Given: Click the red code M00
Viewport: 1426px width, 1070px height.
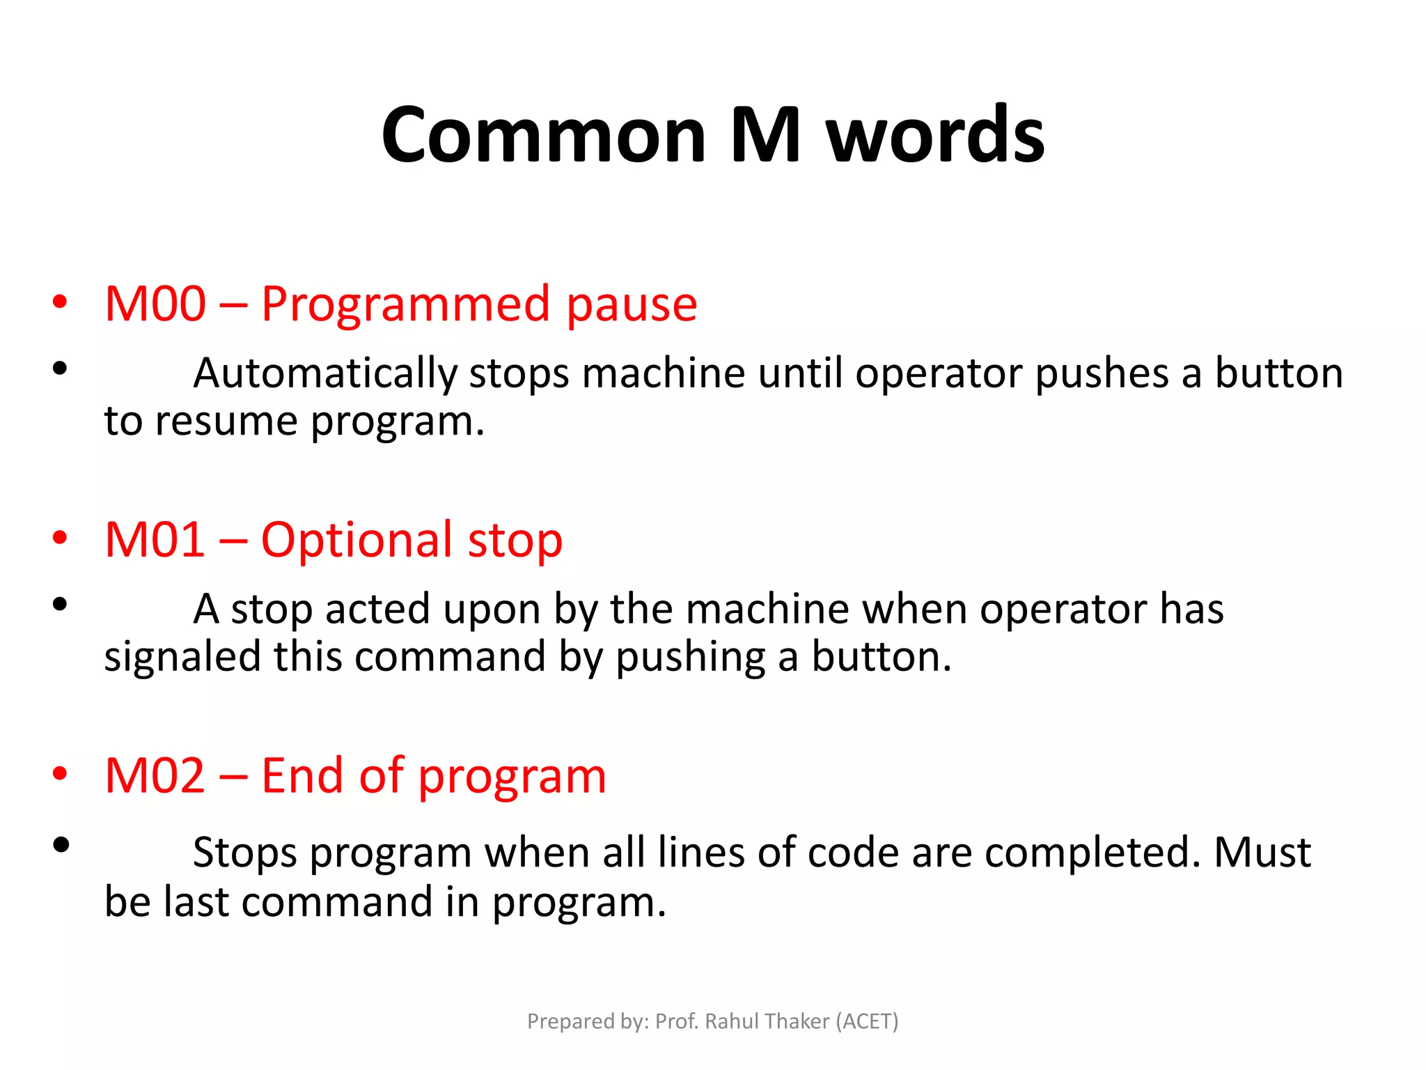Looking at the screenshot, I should tap(155, 304).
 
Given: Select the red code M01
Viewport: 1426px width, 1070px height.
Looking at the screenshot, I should tap(155, 540).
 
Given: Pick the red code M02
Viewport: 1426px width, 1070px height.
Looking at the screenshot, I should tap(155, 776).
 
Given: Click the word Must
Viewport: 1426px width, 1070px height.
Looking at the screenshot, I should tap(1262, 853).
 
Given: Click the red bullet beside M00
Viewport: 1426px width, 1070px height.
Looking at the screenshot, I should tap(61, 302).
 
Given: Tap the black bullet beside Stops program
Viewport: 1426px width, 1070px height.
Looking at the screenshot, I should tap(61, 845).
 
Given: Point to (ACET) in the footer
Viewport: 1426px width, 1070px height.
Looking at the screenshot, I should tap(867, 1021).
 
